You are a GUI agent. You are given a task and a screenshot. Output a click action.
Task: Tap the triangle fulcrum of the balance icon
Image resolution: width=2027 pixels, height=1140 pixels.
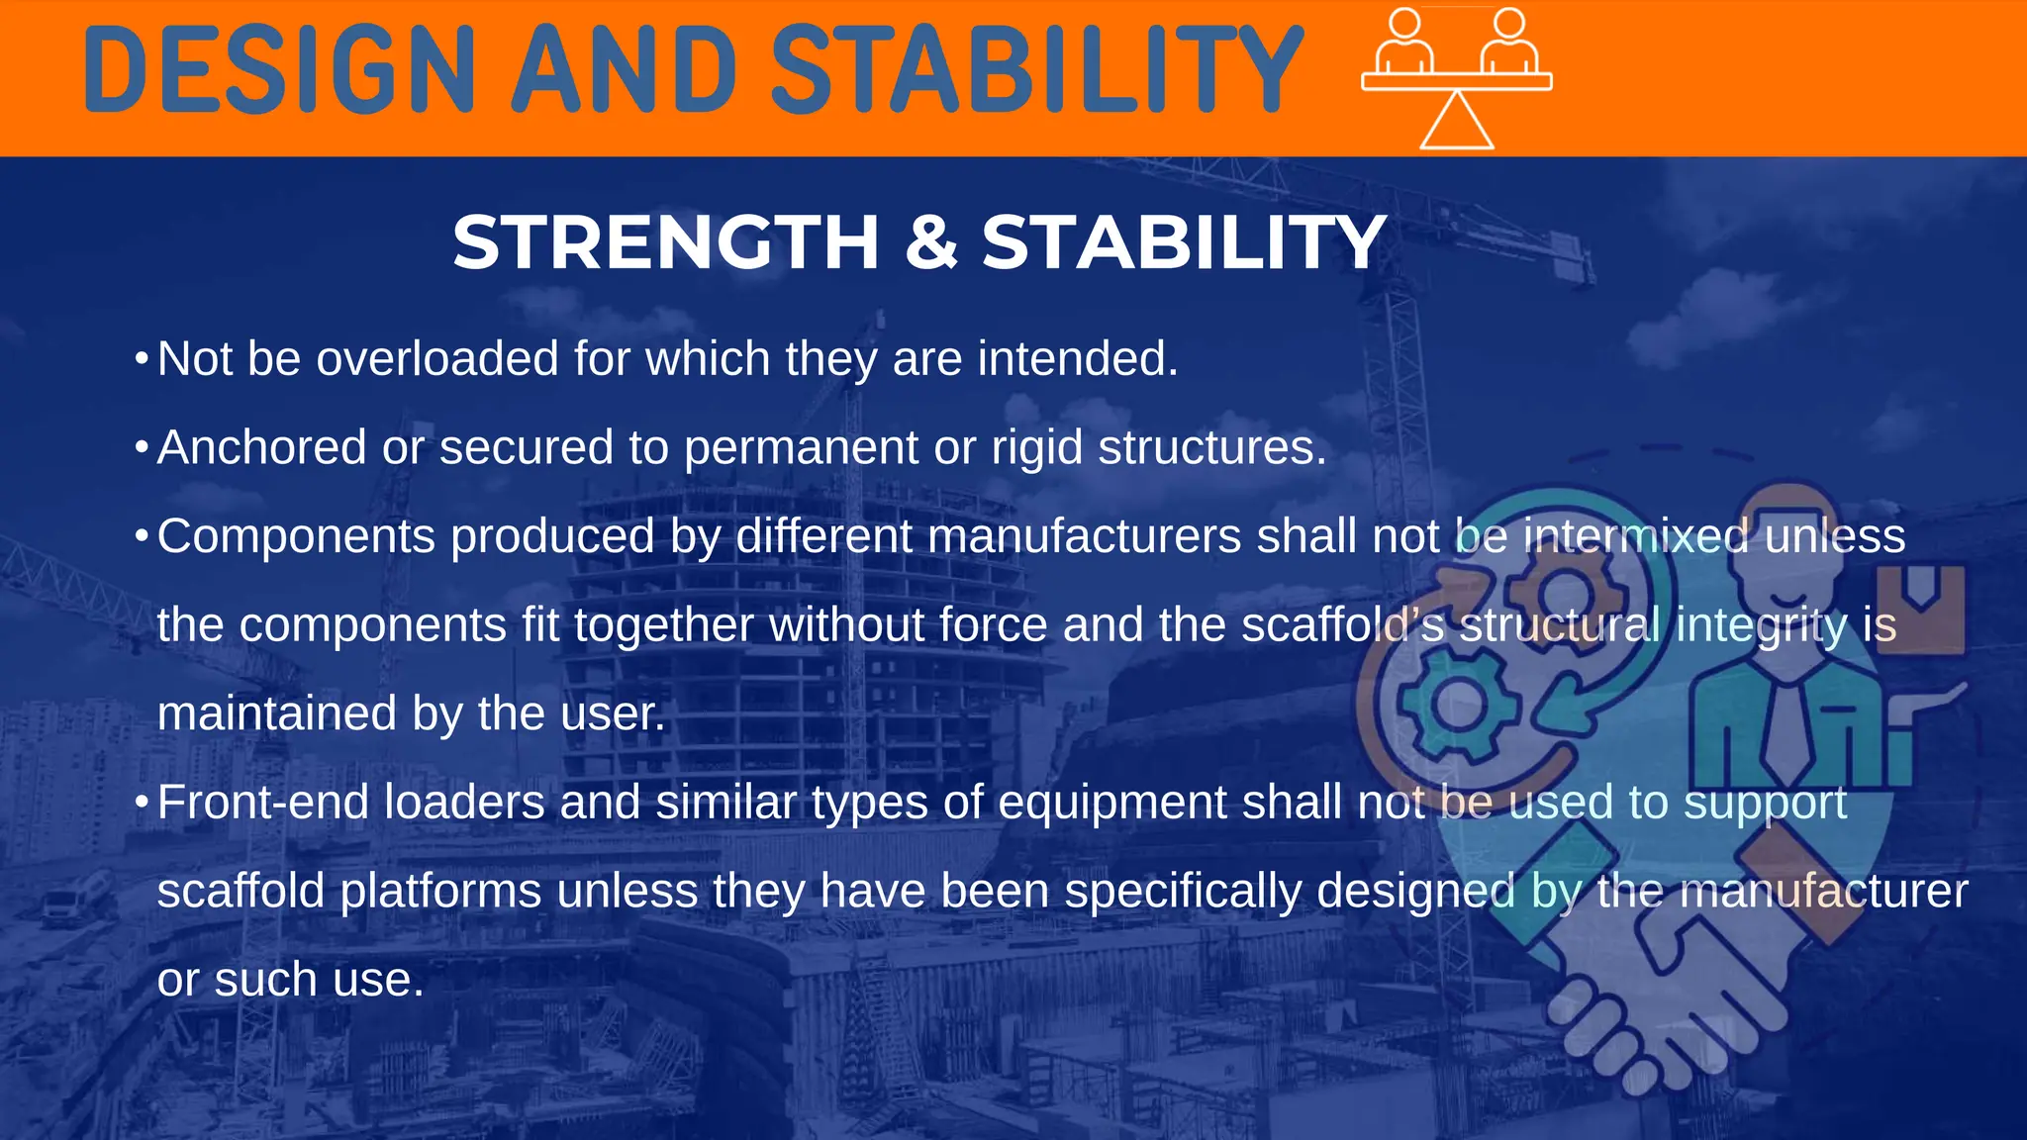(x=1456, y=122)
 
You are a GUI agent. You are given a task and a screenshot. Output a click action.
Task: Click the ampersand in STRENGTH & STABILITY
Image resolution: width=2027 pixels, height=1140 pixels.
(x=930, y=242)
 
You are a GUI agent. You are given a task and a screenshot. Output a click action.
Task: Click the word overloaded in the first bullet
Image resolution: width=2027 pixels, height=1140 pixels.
(x=436, y=358)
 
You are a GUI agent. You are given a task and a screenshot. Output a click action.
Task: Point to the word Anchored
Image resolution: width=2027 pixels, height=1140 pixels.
(x=261, y=447)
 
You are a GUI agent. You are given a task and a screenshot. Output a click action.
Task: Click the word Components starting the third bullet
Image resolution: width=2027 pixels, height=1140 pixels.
(x=296, y=536)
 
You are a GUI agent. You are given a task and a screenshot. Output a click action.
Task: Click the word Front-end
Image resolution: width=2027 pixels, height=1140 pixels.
(x=262, y=803)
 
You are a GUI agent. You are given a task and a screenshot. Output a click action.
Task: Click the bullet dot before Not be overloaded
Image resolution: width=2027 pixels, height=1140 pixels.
(x=142, y=357)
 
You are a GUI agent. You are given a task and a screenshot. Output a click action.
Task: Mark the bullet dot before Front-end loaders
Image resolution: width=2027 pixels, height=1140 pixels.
(x=142, y=801)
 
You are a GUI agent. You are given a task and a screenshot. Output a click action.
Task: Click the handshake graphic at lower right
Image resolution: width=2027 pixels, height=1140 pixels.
(x=1673, y=990)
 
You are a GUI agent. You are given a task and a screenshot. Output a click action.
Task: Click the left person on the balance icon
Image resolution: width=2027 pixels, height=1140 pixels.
(x=1404, y=42)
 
